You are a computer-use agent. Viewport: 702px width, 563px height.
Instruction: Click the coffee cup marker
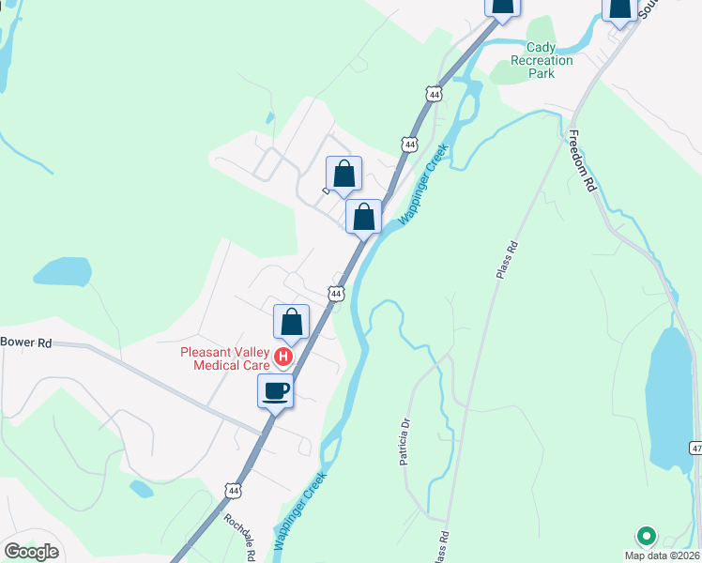point(276,391)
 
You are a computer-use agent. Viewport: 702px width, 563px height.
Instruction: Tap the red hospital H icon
point(282,358)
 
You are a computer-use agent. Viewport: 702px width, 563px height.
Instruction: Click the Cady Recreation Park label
point(542,60)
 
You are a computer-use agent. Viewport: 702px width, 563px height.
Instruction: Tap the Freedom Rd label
point(582,160)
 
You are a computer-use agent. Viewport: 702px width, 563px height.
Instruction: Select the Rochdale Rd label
point(240,536)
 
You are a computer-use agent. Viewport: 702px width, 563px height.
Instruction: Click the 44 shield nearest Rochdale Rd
point(233,490)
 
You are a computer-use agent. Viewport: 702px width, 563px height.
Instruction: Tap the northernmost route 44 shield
point(433,95)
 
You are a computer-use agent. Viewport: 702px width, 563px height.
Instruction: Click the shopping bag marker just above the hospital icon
point(292,323)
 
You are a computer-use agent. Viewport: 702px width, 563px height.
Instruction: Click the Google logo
point(31,552)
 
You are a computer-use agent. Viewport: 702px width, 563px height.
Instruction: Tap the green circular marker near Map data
point(646,536)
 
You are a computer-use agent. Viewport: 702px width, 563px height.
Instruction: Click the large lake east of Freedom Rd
point(671,399)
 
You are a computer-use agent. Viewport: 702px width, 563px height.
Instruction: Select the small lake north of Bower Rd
point(63,271)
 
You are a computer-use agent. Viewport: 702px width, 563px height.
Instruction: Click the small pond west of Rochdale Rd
point(141,488)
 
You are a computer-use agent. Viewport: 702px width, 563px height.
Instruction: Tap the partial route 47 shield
point(695,449)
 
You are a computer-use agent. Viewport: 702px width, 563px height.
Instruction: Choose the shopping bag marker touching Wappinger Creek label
point(363,217)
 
